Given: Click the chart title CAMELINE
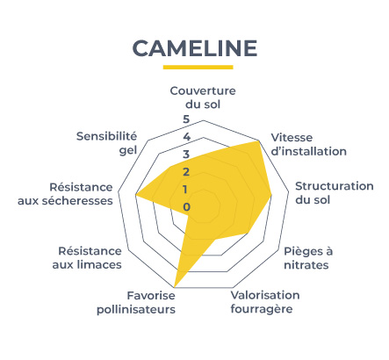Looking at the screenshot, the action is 195,48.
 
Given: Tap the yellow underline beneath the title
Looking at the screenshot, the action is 198,67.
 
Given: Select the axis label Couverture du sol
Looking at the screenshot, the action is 203,97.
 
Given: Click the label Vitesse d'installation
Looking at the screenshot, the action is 309,144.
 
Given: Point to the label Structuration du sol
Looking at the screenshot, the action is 335,193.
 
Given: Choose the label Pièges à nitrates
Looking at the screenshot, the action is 308,258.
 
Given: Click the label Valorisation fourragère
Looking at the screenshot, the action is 265,302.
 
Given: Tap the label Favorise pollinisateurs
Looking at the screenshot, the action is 136,302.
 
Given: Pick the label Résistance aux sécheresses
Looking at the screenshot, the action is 65,194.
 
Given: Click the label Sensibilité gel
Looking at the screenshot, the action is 106,143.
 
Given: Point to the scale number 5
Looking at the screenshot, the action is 186,119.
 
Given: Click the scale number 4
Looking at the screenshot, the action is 186,137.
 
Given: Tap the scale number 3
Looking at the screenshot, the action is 186,155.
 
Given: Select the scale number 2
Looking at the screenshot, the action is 186,172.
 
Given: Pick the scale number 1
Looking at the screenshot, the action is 185,190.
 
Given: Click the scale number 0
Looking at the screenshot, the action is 186,207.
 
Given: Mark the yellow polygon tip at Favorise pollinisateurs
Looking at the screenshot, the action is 175,287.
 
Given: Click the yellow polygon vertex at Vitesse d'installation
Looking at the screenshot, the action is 259,141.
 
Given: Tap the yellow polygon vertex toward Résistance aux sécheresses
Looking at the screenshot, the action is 135,195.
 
